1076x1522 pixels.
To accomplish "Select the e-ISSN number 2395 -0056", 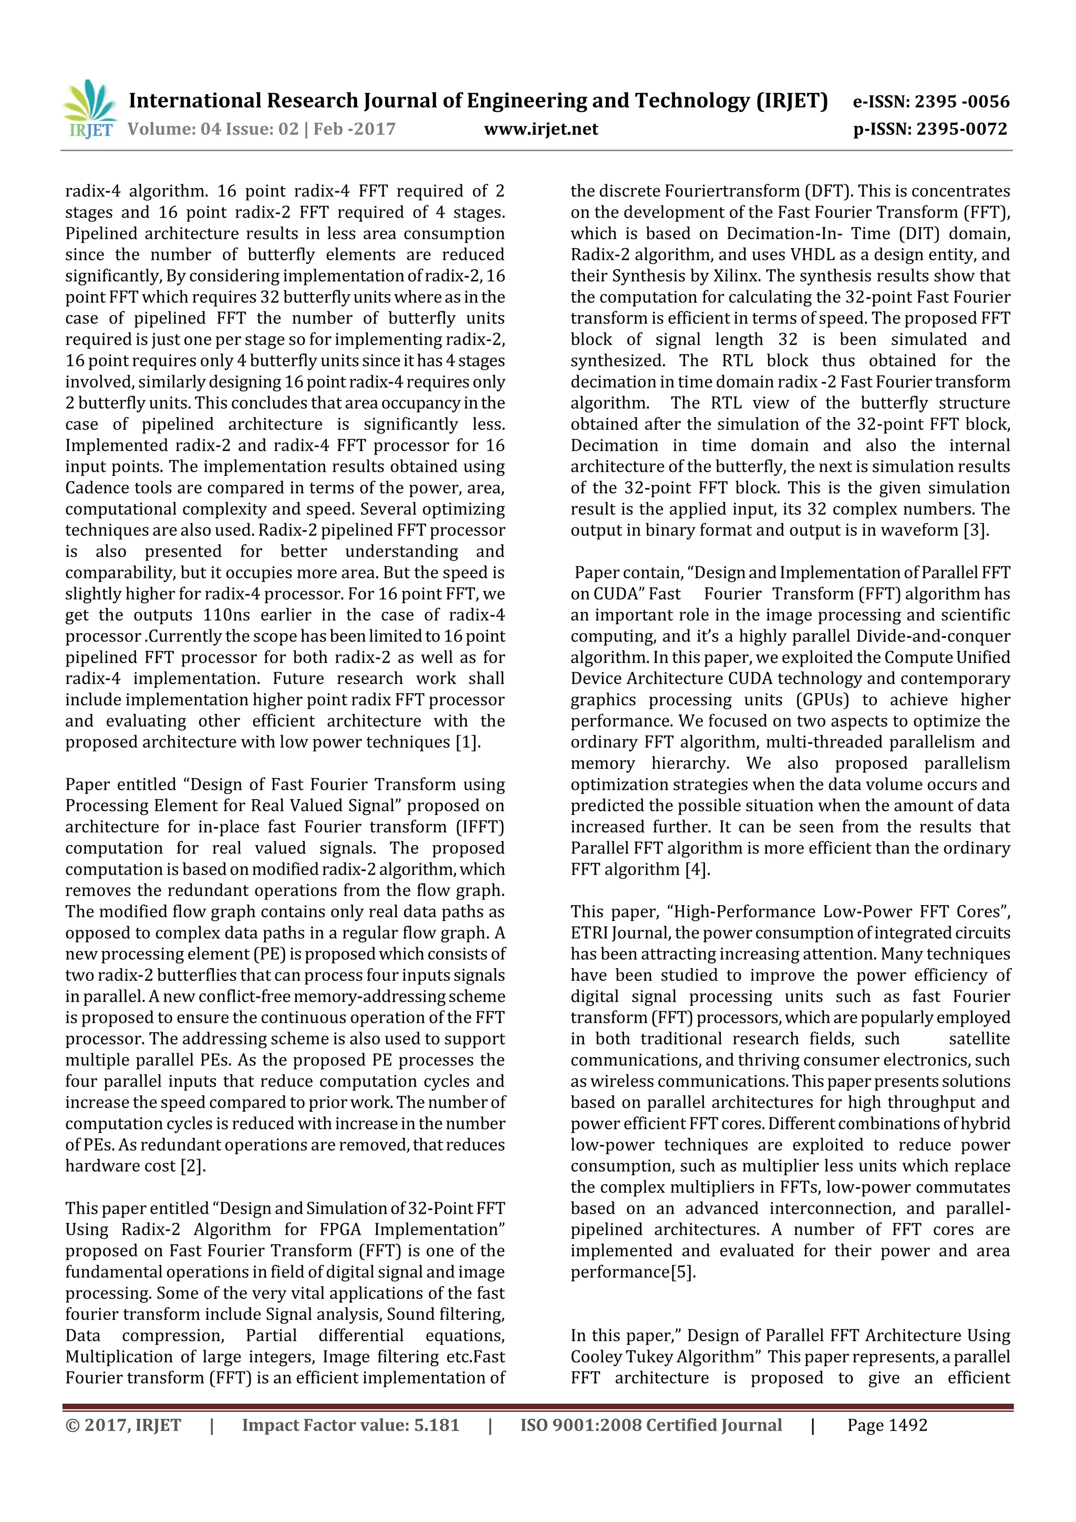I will point(961,102).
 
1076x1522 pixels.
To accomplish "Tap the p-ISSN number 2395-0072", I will point(961,129).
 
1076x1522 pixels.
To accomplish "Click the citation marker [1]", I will point(468,742).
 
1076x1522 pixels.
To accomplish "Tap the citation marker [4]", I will point(697,869).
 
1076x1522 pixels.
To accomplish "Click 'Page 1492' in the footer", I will point(886,1425).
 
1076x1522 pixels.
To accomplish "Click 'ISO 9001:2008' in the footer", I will point(581,1425).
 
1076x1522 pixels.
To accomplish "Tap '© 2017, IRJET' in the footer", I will point(123,1425).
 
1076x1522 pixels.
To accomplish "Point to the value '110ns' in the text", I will point(226,615).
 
